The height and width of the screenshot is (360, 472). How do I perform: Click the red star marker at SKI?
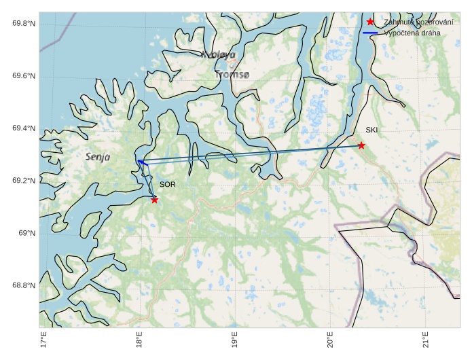tap(361, 145)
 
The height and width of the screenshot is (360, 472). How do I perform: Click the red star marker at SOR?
tap(155, 200)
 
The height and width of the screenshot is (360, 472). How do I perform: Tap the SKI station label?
tap(371, 130)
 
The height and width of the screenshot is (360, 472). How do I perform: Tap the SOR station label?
tap(167, 184)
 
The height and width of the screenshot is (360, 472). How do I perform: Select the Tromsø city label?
tap(232, 75)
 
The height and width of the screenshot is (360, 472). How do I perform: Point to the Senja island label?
tap(98, 157)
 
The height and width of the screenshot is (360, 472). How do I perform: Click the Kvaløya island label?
tap(218, 54)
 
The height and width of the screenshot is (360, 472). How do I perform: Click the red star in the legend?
tap(370, 22)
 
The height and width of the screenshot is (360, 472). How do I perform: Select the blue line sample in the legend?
tap(370, 33)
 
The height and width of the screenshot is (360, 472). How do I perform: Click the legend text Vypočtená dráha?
tap(412, 33)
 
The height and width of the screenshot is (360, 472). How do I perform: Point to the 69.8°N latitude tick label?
tap(24, 24)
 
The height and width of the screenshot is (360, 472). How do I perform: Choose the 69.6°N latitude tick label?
tap(24, 76)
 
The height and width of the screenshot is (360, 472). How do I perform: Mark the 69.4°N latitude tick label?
tap(24, 128)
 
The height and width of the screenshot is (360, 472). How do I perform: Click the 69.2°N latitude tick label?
tap(24, 181)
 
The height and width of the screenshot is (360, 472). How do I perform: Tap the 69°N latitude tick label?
tap(27, 234)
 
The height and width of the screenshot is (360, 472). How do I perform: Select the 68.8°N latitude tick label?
tap(24, 286)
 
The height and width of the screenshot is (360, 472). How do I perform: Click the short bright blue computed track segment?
tap(143, 162)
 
